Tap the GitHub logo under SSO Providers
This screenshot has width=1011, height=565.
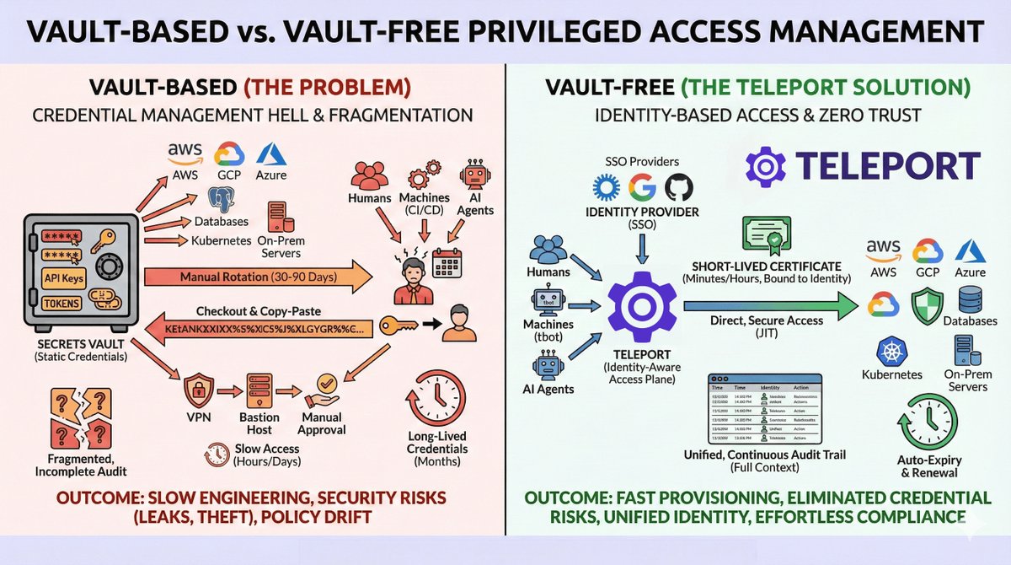(x=678, y=186)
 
